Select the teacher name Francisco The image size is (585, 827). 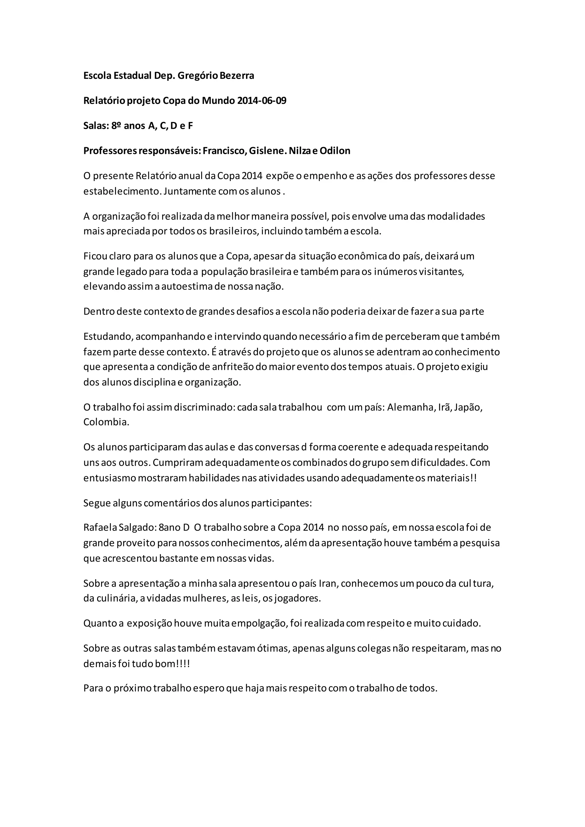point(224,151)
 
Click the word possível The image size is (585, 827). point(310,216)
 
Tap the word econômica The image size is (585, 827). point(363,256)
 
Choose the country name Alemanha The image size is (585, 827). point(411,408)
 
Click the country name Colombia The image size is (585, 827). point(106,422)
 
